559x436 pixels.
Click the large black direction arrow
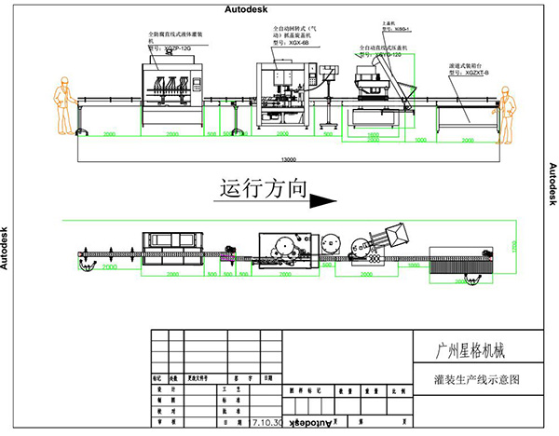322,198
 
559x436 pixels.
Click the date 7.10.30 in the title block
268,422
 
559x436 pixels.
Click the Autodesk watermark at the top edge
245,7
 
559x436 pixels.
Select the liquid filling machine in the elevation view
175,89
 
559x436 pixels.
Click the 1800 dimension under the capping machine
373,135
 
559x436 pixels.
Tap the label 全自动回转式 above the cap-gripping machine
284,28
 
